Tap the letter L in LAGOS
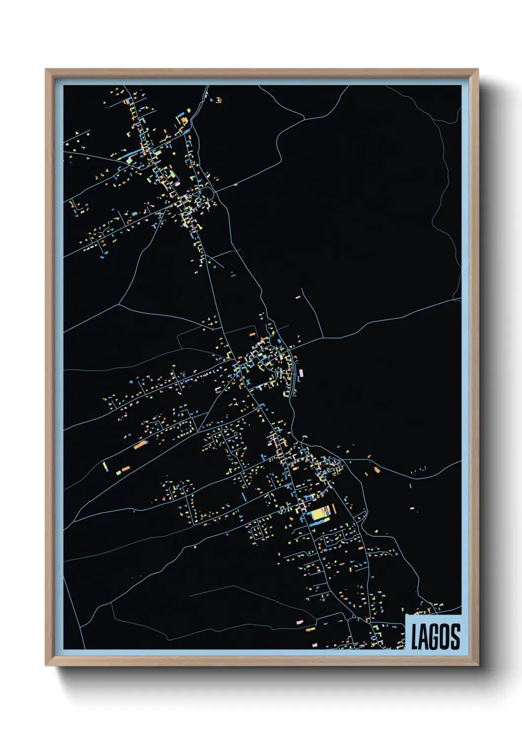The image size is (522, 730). [x=415, y=636]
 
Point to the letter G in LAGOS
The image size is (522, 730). [x=435, y=636]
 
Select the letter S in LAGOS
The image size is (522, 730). [x=455, y=636]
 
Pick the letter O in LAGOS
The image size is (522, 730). [x=446, y=636]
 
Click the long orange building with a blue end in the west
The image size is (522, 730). [x=140, y=445]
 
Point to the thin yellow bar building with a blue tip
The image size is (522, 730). [x=105, y=466]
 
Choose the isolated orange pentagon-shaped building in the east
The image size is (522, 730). [x=377, y=470]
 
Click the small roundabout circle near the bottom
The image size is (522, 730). [x=354, y=617]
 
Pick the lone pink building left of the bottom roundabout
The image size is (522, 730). [x=299, y=622]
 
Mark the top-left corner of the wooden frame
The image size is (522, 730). [x=46, y=70]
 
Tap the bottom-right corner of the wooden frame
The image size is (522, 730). [x=478, y=665]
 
